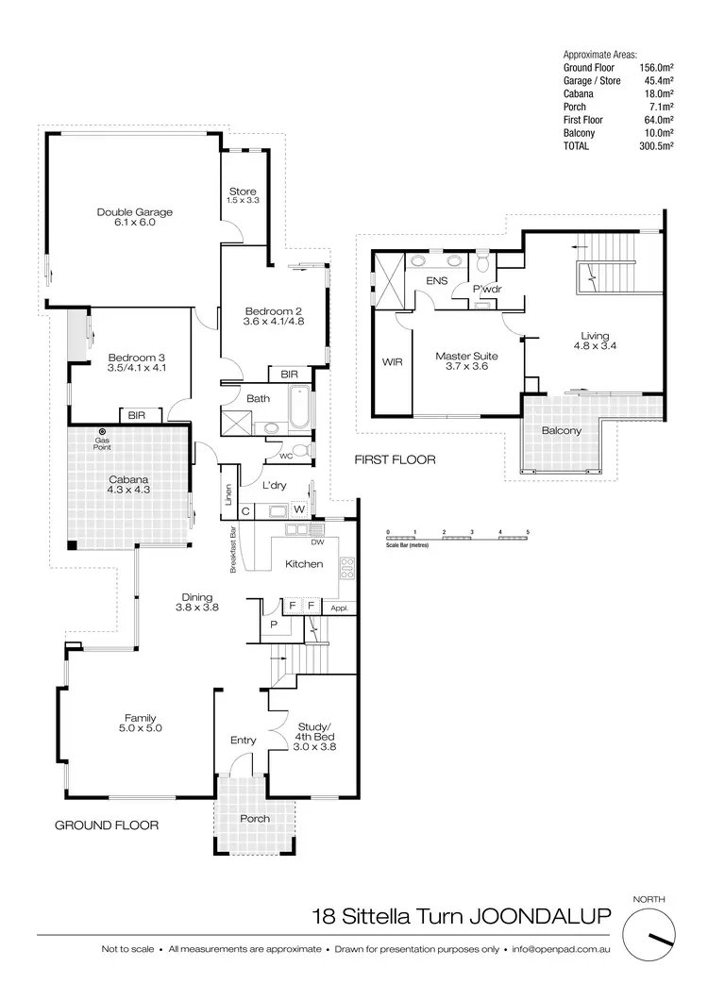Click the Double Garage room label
[134, 218]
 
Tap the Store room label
[243, 196]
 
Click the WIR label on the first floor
[393, 361]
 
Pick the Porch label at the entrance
[255, 818]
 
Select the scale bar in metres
[458, 539]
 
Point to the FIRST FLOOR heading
[394, 460]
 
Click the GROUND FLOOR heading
[106, 825]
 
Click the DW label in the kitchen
[316, 542]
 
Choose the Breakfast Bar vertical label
[231, 549]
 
